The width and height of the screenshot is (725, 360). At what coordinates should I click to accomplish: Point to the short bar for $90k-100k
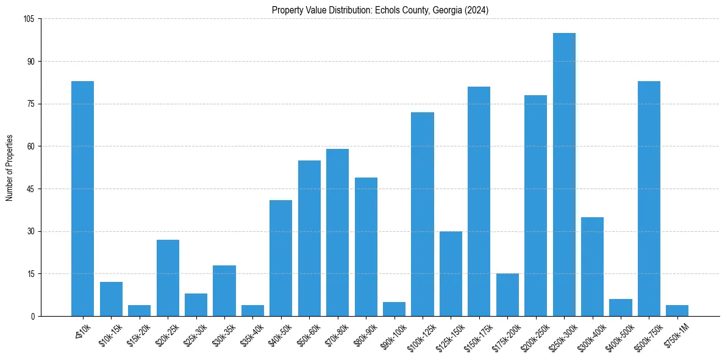(394, 309)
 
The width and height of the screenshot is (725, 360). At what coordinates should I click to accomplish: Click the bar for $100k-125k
(423, 214)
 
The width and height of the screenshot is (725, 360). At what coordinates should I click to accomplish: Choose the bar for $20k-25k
(168, 278)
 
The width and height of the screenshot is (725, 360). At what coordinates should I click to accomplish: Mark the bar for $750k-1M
(677, 311)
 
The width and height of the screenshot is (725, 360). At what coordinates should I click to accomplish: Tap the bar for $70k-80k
(337, 232)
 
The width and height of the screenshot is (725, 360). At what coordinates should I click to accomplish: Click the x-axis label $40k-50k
(280, 335)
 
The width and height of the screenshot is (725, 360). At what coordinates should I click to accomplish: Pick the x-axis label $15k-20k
(138, 335)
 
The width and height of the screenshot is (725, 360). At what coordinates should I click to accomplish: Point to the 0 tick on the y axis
(34, 316)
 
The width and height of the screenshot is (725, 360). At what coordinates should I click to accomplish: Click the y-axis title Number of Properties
(9, 167)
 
